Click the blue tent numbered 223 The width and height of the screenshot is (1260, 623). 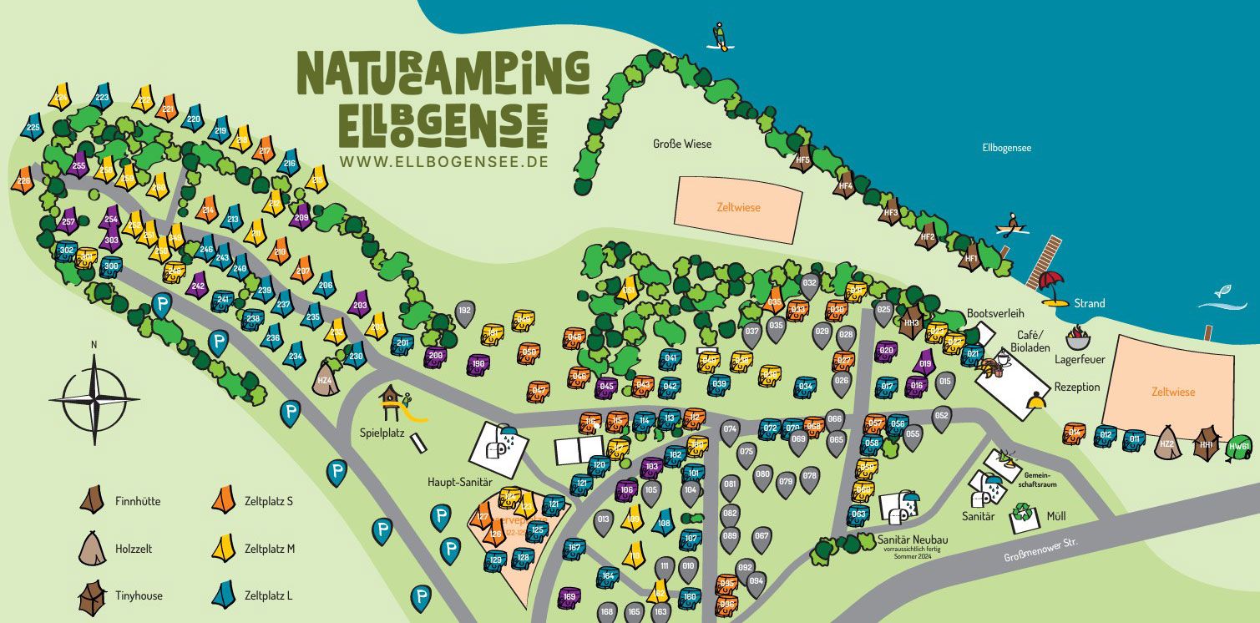(102, 98)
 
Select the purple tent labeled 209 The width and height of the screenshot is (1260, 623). (301, 217)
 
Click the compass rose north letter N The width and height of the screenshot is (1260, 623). (94, 344)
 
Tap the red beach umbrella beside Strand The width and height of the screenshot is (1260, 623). (1053, 284)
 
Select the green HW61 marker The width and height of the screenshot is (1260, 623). (1239, 447)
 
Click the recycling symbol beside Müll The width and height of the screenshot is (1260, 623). (1022, 514)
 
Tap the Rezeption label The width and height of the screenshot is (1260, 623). (1077, 387)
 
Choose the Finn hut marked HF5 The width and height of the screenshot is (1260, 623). (802, 159)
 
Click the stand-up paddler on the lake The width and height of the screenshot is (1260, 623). (718, 35)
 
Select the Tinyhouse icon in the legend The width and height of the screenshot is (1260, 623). (92, 596)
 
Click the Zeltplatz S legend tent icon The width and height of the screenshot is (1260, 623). (223, 500)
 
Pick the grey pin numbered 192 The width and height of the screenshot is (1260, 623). (465, 312)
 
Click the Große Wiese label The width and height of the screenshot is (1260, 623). (682, 144)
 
